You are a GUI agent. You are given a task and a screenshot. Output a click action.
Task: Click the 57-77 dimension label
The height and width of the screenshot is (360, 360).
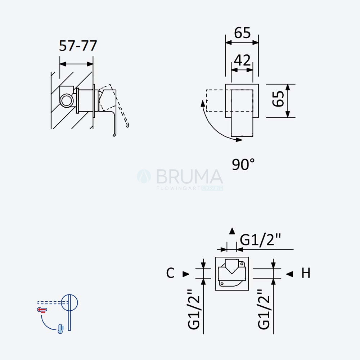tap(78, 46)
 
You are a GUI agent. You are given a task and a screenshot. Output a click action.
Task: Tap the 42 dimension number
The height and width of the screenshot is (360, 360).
tap(242, 60)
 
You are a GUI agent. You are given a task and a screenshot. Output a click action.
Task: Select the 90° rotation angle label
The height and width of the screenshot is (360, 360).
tap(243, 164)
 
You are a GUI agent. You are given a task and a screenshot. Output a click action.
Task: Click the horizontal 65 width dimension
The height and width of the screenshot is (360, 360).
tap(242, 33)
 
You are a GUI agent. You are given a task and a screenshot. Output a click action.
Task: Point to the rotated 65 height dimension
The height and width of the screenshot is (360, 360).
tap(278, 99)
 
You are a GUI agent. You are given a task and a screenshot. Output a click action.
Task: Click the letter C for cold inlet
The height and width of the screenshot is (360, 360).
tap(170, 273)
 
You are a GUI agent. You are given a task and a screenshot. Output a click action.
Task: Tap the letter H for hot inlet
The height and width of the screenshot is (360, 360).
tap(306, 273)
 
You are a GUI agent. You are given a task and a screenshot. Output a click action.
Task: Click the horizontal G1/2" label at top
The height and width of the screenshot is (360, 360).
tap(260, 240)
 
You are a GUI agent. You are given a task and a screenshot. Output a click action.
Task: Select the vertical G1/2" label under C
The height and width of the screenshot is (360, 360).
tap(194, 309)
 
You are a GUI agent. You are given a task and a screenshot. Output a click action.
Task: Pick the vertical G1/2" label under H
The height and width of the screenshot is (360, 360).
tap(264, 309)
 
